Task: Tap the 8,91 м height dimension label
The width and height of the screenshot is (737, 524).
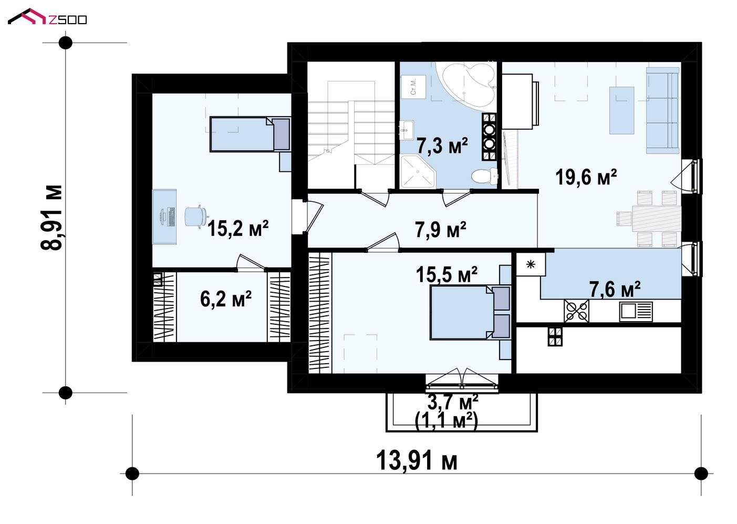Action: pyautogui.click(x=51, y=218)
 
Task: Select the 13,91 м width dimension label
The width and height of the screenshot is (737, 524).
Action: pyautogui.click(x=417, y=461)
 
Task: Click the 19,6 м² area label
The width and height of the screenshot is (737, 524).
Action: pyautogui.click(x=586, y=177)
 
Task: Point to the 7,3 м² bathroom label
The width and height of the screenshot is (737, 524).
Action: pyautogui.click(x=442, y=146)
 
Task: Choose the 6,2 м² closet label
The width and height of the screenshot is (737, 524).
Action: pyautogui.click(x=226, y=299)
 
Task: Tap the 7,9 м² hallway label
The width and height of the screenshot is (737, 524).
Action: pyautogui.click(x=441, y=230)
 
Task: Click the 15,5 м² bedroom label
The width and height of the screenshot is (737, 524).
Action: pyautogui.click(x=447, y=274)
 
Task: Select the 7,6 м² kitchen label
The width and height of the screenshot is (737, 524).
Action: pyautogui.click(x=615, y=289)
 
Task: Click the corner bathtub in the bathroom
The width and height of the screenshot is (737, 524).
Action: pyautogui.click(x=467, y=84)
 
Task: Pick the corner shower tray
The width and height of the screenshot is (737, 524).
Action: pyautogui.click(x=418, y=172)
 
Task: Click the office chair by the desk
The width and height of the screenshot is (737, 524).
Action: pyautogui.click(x=196, y=217)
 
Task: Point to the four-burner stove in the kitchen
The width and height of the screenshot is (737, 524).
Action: pyautogui.click(x=576, y=311)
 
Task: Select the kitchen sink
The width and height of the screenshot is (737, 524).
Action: pyautogui.click(x=636, y=311)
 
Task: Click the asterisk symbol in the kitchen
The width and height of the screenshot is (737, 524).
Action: pyautogui.click(x=531, y=264)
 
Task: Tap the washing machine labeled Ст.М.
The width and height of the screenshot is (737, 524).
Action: pyautogui.click(x=413, y=86)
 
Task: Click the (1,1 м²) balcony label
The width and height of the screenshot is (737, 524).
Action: pyautogui.click(x=446, y=420)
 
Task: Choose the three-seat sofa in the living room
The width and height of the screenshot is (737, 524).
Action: pyautogui.click(x=662, y=110)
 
